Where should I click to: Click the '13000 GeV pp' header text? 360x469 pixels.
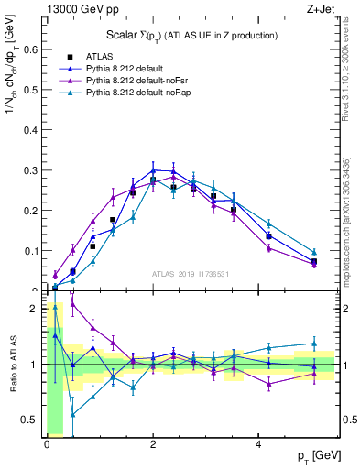point(79,8)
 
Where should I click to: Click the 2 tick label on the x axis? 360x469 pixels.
point(152,444)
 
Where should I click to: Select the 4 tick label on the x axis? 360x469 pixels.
point(258,444)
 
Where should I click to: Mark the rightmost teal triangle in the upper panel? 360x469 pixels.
point(313,252)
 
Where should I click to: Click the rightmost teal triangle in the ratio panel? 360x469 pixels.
point(313,344)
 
